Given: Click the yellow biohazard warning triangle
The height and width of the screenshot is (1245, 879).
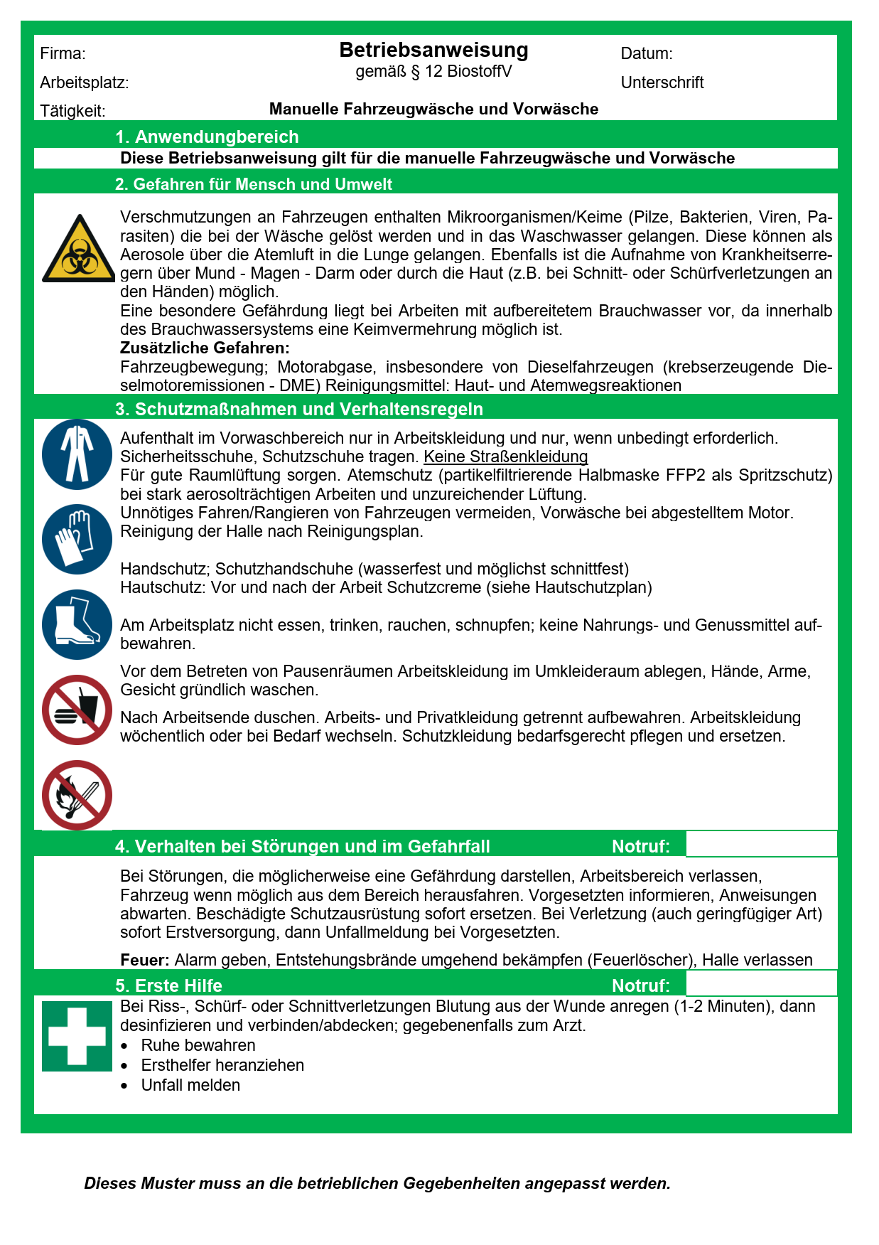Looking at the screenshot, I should point(77,250).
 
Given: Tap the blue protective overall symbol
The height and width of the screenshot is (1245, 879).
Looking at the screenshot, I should point(77,454).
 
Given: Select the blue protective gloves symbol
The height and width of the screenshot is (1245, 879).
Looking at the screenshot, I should point(77,539).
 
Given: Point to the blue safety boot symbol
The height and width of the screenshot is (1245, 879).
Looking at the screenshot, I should point(77,624).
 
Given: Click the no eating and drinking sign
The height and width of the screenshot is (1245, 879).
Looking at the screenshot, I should point(77,710).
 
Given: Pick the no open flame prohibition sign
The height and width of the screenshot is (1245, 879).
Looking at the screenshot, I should point(77,795).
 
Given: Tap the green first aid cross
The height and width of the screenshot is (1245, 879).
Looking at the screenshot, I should point(77,1035).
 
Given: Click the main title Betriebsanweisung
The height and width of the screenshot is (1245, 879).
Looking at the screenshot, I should point(433,50).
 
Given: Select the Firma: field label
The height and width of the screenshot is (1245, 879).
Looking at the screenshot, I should point(63,53).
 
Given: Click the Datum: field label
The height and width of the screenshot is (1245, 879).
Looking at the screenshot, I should point(646,53).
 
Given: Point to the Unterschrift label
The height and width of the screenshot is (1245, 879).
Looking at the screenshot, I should point(662,82).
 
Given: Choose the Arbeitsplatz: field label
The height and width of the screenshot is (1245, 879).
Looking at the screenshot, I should point(84,82).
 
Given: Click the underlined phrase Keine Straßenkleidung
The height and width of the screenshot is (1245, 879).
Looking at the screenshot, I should point(505,456).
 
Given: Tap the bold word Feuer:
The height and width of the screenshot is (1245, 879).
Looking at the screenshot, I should point(144,960).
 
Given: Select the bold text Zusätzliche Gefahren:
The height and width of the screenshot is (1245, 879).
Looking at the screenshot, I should point(205,348).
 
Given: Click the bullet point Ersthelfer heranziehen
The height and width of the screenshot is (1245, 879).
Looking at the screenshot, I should point(222,1065).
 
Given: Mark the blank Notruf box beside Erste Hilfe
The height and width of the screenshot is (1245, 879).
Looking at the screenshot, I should point(761,985).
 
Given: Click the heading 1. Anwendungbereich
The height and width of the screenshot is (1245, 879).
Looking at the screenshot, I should point(207,137).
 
